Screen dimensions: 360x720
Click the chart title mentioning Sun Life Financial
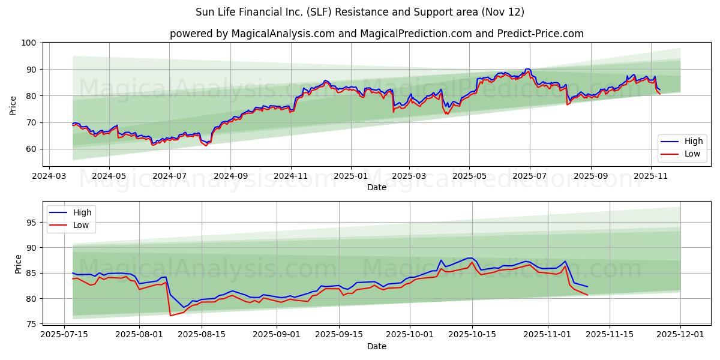click(x=360, y=12)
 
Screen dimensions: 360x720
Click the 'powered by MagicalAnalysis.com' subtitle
click(x=376, y=34)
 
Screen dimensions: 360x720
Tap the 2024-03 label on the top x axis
click(x=49, y=177)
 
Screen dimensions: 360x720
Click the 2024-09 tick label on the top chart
click(x=230, y=177)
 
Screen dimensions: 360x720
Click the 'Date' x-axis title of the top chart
click(x=376, y=188)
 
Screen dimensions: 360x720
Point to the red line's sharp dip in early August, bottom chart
click(x=170, y=316)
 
